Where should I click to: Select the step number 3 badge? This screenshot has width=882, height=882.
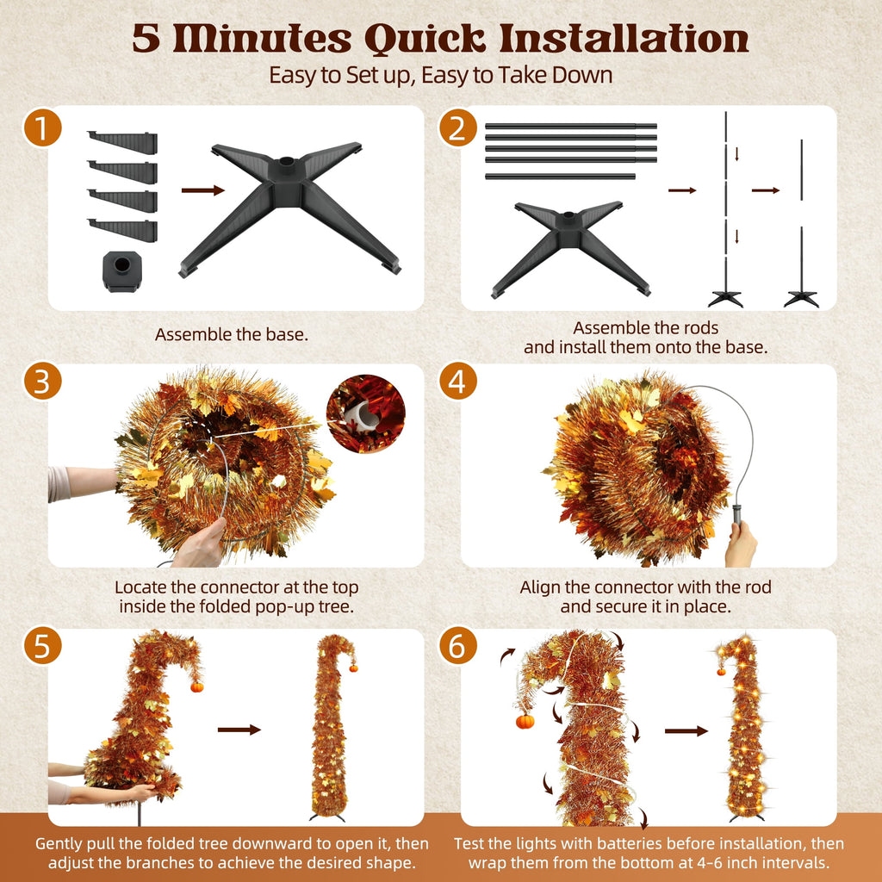[42, 381]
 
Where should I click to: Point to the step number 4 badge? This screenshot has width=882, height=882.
[458, 381]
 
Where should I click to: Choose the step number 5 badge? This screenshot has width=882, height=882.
[42, 645]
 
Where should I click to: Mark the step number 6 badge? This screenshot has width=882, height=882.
[458, 645]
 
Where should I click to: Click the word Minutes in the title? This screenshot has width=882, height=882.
[263, 40]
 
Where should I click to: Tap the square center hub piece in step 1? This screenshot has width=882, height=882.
[122, 271]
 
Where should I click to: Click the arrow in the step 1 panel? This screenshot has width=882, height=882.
[203, 190]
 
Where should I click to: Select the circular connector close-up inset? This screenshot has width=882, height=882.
[365, 414]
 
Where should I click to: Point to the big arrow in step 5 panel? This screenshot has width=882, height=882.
[239, 730]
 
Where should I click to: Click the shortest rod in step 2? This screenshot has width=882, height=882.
[560, 177]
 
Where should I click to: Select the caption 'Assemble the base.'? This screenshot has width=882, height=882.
[232, 335]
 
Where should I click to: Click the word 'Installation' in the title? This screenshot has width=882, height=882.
[624, 40]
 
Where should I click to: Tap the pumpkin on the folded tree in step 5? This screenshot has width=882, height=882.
[197, 686]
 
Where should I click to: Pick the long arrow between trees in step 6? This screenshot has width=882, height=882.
[686, 731]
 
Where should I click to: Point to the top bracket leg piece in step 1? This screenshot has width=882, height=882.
[122, 142]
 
